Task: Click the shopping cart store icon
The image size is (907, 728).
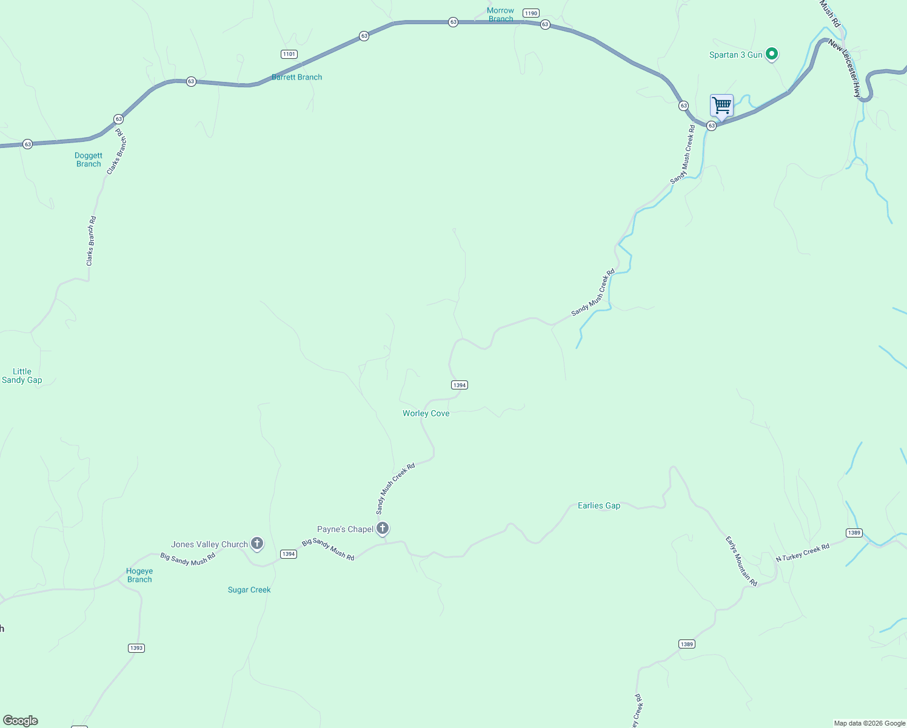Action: (721, 106)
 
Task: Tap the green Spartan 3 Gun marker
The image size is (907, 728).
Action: (772, 55)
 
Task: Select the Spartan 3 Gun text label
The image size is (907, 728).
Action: (735, 55)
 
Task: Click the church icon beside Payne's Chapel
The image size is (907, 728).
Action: (383, 528)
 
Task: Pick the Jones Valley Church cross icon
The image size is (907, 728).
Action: (257, 544)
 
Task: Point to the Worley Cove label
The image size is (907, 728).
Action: (426, 413)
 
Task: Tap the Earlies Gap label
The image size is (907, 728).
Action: (599, 505)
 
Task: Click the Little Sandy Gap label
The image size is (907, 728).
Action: (22, 376)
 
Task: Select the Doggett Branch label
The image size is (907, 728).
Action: (89, 160)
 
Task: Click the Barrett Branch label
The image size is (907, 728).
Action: (297, 77)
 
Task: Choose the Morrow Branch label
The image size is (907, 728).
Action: (500, 15)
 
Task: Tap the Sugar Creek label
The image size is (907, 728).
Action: (249, 590)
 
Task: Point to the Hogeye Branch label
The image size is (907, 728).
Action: (139, 575)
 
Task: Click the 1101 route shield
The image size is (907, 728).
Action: (289, 54)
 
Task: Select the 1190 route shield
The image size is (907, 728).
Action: (531, 13)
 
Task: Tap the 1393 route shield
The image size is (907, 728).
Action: (136, 648)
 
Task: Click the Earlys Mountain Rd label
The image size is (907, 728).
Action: (741, 561)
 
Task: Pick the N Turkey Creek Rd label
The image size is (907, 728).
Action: (802, 553)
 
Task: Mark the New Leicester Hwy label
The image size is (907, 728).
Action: (845, 69)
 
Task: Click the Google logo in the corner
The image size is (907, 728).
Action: (21, 721)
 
